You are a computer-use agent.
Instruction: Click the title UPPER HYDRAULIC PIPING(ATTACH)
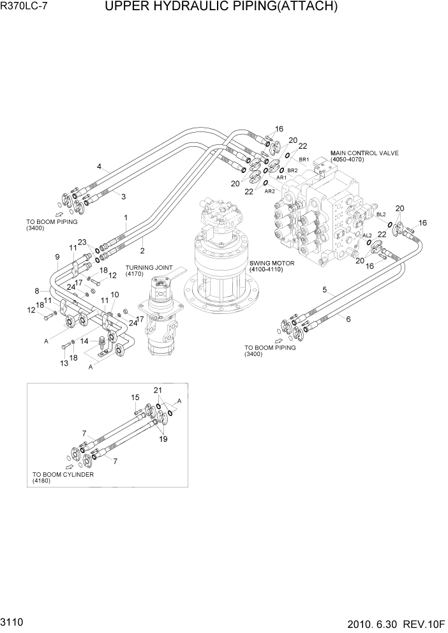click(x=221, y=8)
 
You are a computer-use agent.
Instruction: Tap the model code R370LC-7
click(x=26, y=8)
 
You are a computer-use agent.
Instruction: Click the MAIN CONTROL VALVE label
click(x=364, y=154)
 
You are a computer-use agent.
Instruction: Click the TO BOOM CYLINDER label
click(x=63, y=475)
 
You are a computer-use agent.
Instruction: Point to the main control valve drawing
click(x=319, y=217)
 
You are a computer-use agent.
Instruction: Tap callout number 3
click(x=123, y=196)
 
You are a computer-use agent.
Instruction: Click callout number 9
click(x=57, y=257)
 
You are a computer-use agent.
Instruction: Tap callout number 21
click(x=158, y=389)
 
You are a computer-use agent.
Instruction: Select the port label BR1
click(x=304, y=159)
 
